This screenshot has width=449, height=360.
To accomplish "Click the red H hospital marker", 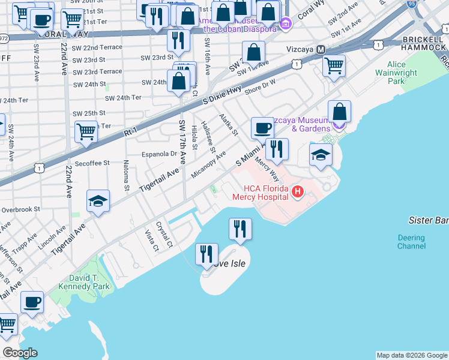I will point(298,192).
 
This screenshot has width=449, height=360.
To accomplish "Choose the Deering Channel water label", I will point(411,242).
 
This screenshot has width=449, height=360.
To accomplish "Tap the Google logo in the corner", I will point(20,353).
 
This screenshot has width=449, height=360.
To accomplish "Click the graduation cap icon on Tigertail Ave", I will point(98,202).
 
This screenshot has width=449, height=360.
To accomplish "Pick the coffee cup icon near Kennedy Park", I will point(32,302).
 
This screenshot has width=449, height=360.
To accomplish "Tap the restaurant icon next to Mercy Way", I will point(277,149).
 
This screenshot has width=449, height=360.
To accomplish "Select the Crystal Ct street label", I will point(164,236).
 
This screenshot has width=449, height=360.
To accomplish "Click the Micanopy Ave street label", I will point(208,164).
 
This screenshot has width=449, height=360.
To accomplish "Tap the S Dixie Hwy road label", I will point(221,96).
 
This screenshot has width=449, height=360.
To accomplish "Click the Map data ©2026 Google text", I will point(412,355).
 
